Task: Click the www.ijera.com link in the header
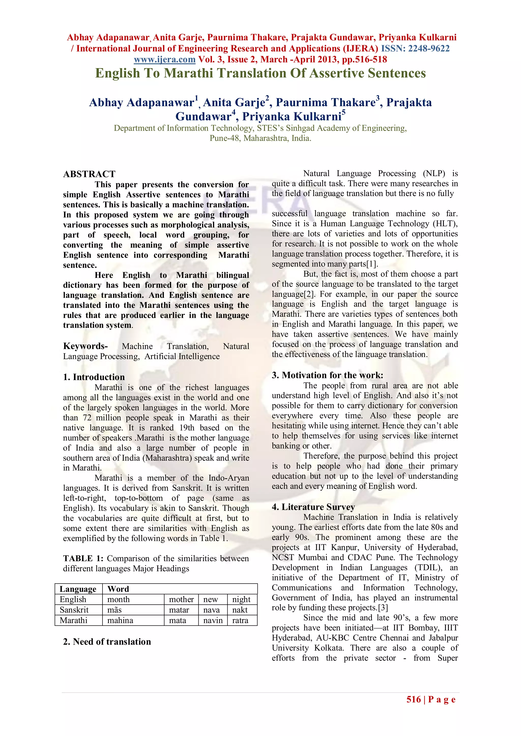[x=165, y=60]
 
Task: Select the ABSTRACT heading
[x=89, y=174]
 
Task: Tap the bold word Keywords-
[x=85, y=346]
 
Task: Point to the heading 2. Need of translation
[x=107, y=641]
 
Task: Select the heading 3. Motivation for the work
[x=327, y=375]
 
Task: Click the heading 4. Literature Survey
[x=313, y=507]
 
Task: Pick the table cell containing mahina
[x=120, y=620]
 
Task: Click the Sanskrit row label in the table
[x=74, y=610]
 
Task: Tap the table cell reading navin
[x=213, y=620]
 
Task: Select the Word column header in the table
[x=118, y=589]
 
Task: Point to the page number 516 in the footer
[x=414, y=699]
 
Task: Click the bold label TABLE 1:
[x=83, y=558]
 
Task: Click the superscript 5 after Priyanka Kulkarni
[x=344, y=112]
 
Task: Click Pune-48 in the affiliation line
[x=225, y=139]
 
